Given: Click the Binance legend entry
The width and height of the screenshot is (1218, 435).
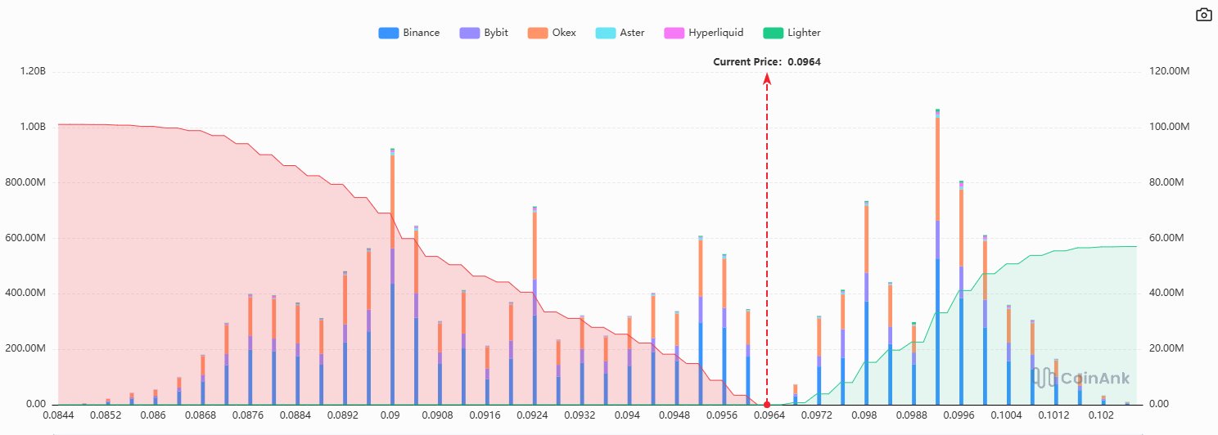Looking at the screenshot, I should coord(409,33).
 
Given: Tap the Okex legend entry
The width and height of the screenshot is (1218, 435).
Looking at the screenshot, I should coord(553,33).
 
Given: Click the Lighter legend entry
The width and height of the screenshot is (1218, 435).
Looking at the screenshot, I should coord(792,33).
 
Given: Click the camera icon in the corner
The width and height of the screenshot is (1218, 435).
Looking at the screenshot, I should coord(1203,15).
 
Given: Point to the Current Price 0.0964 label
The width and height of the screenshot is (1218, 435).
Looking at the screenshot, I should coord(767,62).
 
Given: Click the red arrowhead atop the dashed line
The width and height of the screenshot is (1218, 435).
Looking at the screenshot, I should coord(767,78).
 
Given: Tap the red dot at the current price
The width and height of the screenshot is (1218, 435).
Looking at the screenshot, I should coord(767,405).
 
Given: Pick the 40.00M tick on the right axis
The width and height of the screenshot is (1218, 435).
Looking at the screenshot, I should coord(1165,294).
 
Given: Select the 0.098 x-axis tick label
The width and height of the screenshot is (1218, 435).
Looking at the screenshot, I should coord(866,416).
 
